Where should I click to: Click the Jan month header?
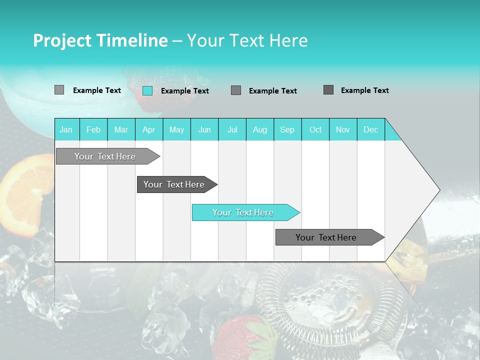pyautogui.click(x=66, y=129)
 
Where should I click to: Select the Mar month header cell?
pyautogui.click(x=121, y=129)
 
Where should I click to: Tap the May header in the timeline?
pyautogui.click(x=176, y=129)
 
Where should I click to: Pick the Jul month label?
pyautogui.click(x=232, y=129)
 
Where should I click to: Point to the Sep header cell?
pyautogui.click(x=287, y=129)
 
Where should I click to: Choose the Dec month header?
pyautogui.click(x=370, y=129)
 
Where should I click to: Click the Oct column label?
pyautogui.click(x=315, y=129)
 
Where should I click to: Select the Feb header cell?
pyautogui.click(x=93, y=129)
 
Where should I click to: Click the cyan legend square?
pyautogui.click(x=147, y=90)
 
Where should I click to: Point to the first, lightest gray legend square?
pyautogui.click(x=59, y=90)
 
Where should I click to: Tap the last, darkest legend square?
pyautogui.click(x=328, y=90)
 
